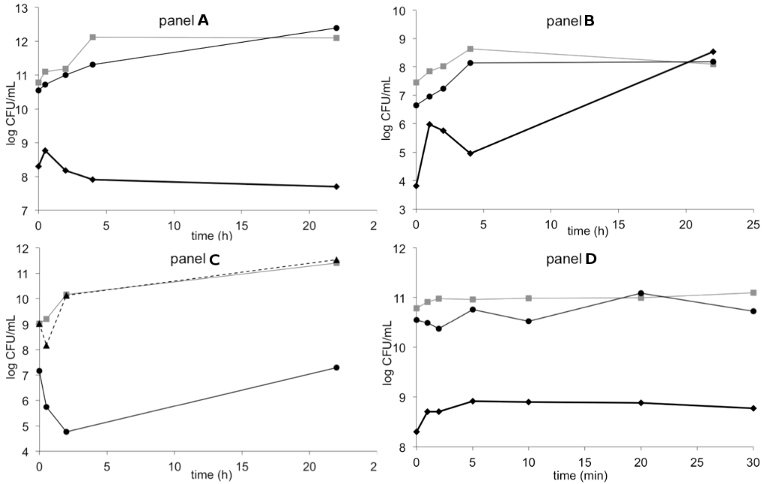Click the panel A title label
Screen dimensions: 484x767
click(x=184, y=22)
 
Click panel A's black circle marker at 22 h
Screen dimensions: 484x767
click(x=336, y=28)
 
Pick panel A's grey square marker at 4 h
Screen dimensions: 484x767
click(x=92, y=37)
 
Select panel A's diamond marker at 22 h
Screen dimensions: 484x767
click(x=336, y=186)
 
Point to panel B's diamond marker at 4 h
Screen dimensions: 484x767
click(x=470, y=153)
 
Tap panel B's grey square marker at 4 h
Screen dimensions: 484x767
click(x=470, y=49)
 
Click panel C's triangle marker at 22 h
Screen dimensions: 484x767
click(x=336, y=260)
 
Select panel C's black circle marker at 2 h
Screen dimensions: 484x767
click(x=66, y=432)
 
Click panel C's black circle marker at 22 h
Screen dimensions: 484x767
click(x=336, y=367)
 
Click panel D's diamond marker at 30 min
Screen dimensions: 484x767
click(x=753, y=408)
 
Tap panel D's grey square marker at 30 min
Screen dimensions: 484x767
click(x=753, y=292)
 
